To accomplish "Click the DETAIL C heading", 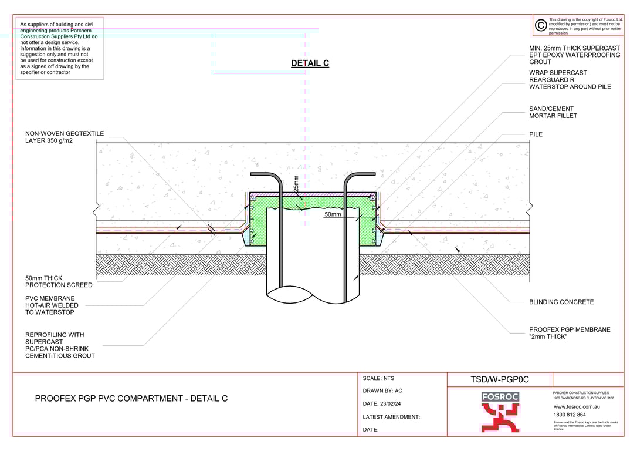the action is [x=310, y=63].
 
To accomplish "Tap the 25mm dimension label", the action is [x=296, y=183].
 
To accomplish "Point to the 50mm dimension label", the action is [x=333, y=214].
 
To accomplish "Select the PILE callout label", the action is [x=536, y=134].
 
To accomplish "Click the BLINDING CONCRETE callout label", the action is [x=561, y=302].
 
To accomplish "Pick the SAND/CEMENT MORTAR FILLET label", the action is [x=553, y=112].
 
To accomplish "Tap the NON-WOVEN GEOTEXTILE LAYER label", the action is [x=64, y=137].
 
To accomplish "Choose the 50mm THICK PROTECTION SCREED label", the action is [x=59, y=281].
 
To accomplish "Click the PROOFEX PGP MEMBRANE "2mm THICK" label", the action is [x=570, y=333].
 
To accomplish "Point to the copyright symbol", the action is [x=541, y=26].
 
